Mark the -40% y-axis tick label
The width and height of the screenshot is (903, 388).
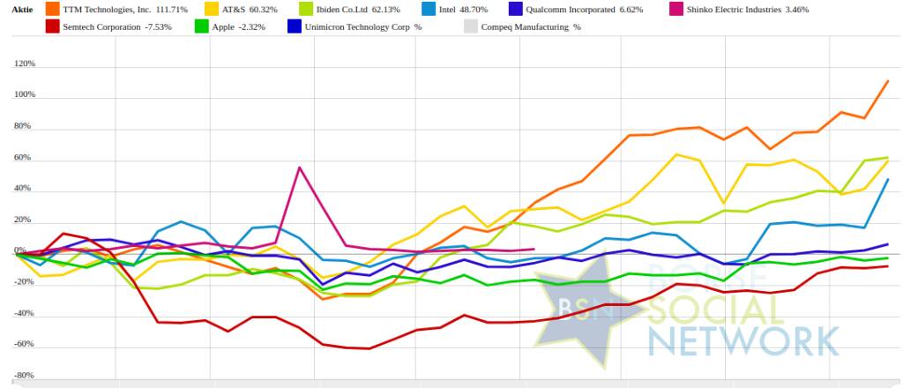pos(24,313)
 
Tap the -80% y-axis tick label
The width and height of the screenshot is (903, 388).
pos(24,375)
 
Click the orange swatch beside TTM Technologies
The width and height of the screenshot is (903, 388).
pos(52,9)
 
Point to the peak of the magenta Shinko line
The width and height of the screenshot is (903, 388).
pos(300,168)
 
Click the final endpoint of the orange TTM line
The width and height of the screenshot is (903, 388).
pos(887,81)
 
